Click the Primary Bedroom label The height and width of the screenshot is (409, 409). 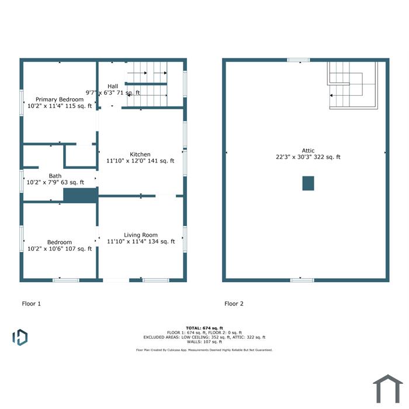(x=60, y=99)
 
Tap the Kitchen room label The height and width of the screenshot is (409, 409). (x=140, y=154)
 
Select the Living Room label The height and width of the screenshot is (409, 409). (x=141, y=235)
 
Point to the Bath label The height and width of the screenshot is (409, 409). (x=56, y=176)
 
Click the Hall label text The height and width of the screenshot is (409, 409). (x=113, y=86)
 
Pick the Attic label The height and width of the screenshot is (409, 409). (x=308, y=151)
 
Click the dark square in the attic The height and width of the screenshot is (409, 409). (x=308, y=183)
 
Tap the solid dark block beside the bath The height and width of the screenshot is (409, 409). (x=81, y=195)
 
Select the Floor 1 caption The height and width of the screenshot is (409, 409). (x=32, y=304)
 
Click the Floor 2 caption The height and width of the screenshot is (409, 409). (x=234, y=304)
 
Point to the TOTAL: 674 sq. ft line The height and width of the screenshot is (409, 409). (x=204, y=328)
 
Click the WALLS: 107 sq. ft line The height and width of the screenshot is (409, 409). (x=204, y=342)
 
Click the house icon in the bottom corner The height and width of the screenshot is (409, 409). (x=388, y=389)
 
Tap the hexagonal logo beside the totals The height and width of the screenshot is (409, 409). (x=20, y=337)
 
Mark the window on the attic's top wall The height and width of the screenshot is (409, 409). (x=299, y=60)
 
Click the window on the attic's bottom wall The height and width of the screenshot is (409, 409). (x=302, y=280)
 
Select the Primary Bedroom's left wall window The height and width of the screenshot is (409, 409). (x=22, y=103)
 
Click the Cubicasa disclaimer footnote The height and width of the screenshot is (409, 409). (x=204, y=350)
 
